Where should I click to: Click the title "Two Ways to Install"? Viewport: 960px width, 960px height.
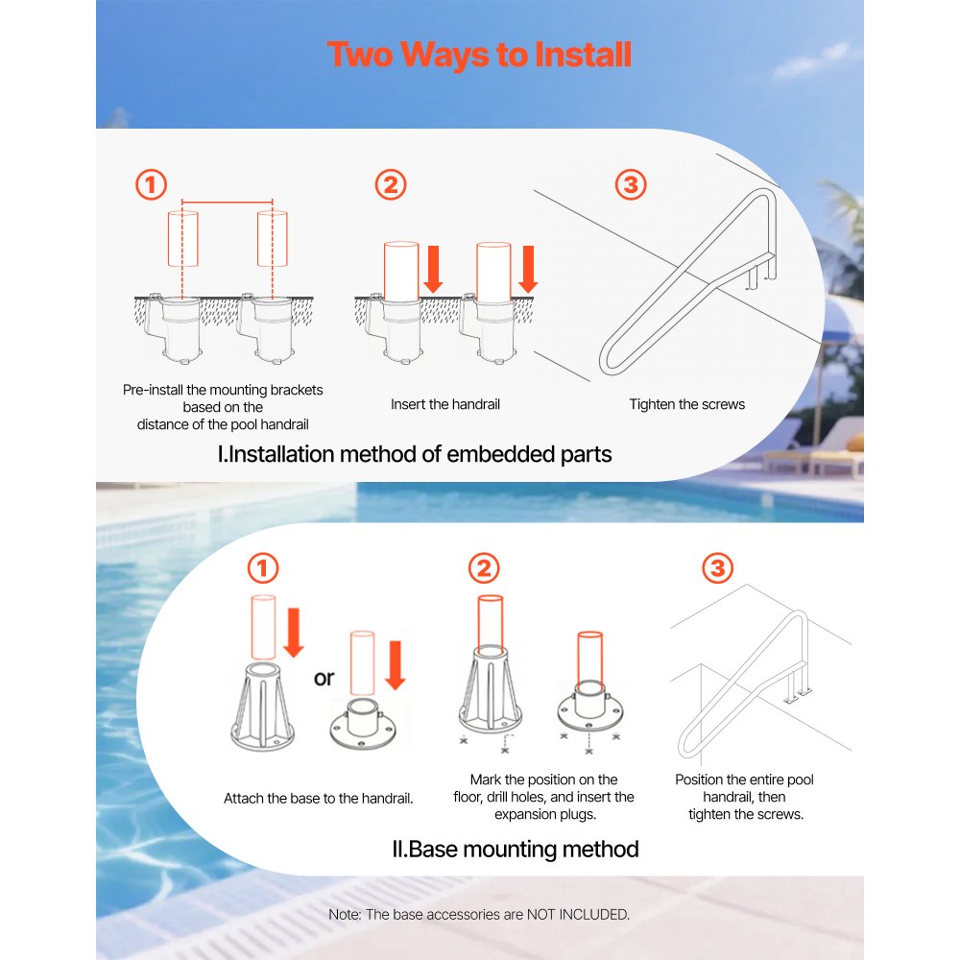(479, 55)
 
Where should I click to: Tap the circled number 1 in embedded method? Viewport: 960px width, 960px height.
(151, 184)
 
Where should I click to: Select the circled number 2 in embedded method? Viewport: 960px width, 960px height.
(390, 184)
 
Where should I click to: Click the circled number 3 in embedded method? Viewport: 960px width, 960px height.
(630, 184)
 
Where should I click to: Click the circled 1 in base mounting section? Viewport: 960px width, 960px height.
(263, 568)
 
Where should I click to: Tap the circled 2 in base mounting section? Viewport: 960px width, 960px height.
(484, 568)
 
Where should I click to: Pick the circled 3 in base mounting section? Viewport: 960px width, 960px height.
(716, 568)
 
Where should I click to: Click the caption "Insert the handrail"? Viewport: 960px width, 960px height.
(445, 404)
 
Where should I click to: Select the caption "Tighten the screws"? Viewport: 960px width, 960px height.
(686, 404)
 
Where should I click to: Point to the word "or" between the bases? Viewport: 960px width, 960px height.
(324, 679)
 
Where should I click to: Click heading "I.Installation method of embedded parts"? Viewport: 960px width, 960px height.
(415, 454)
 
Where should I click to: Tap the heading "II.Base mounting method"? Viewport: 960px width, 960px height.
(516, 849)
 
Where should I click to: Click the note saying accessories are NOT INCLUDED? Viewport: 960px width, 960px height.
(479, 914)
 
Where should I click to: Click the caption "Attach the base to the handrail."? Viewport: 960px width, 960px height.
(319, 799)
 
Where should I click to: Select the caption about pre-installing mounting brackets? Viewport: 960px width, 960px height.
(223, 407)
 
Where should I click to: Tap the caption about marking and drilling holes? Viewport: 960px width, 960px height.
(543, 797)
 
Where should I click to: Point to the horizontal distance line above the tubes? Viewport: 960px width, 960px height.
(228, 203)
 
